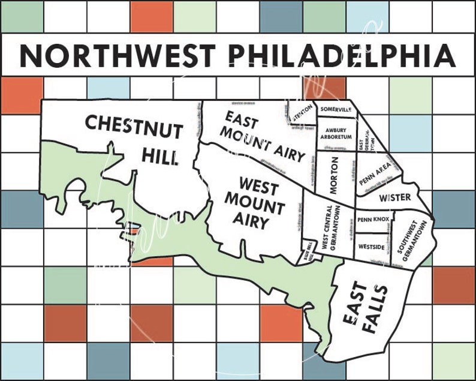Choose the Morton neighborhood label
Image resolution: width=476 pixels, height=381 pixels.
tap(335, 175)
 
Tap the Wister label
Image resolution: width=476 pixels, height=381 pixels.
tap(394, 197)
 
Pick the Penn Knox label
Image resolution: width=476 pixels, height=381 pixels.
tap(372, 220)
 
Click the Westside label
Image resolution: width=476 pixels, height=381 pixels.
tap(371, 246)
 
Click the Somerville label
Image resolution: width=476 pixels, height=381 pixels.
tap(335, 110)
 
